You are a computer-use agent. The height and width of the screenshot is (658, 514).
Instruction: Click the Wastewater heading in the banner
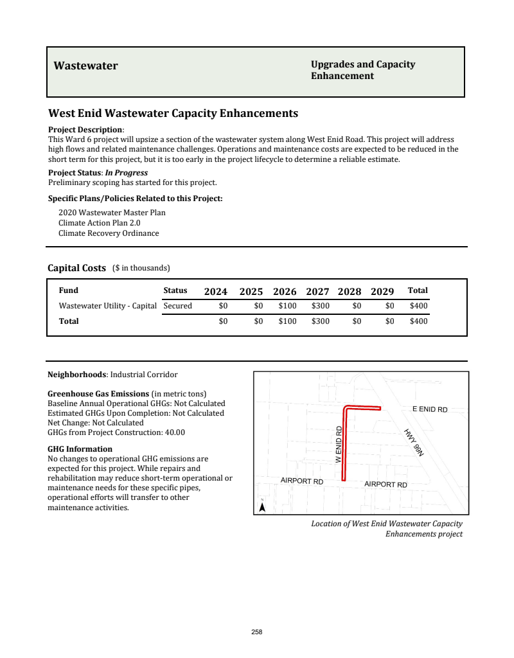85,66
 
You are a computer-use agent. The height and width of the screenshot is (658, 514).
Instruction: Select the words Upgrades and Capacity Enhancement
363,70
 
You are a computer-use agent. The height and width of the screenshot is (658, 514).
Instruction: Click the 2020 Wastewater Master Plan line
107,213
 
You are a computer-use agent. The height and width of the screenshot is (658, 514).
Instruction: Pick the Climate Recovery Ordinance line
109,233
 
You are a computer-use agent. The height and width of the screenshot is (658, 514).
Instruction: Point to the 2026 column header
285,291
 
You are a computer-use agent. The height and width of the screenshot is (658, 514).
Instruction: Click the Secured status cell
178,306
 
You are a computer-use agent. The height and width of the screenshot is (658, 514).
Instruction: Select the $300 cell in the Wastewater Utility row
320,306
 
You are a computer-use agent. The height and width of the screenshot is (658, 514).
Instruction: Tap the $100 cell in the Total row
287,321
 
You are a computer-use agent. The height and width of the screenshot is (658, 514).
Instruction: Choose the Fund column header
69,290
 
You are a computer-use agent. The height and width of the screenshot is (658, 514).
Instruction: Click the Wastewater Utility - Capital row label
108,306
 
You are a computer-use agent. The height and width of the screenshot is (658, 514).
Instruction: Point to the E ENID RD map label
429,409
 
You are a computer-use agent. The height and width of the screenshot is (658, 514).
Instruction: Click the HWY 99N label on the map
414,442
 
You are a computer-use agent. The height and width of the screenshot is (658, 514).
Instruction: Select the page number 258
257,632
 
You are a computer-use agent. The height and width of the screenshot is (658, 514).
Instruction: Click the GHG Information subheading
80,449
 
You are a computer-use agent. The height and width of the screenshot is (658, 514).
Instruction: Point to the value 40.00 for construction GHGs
175,432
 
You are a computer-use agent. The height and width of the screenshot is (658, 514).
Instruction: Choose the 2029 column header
382,291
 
